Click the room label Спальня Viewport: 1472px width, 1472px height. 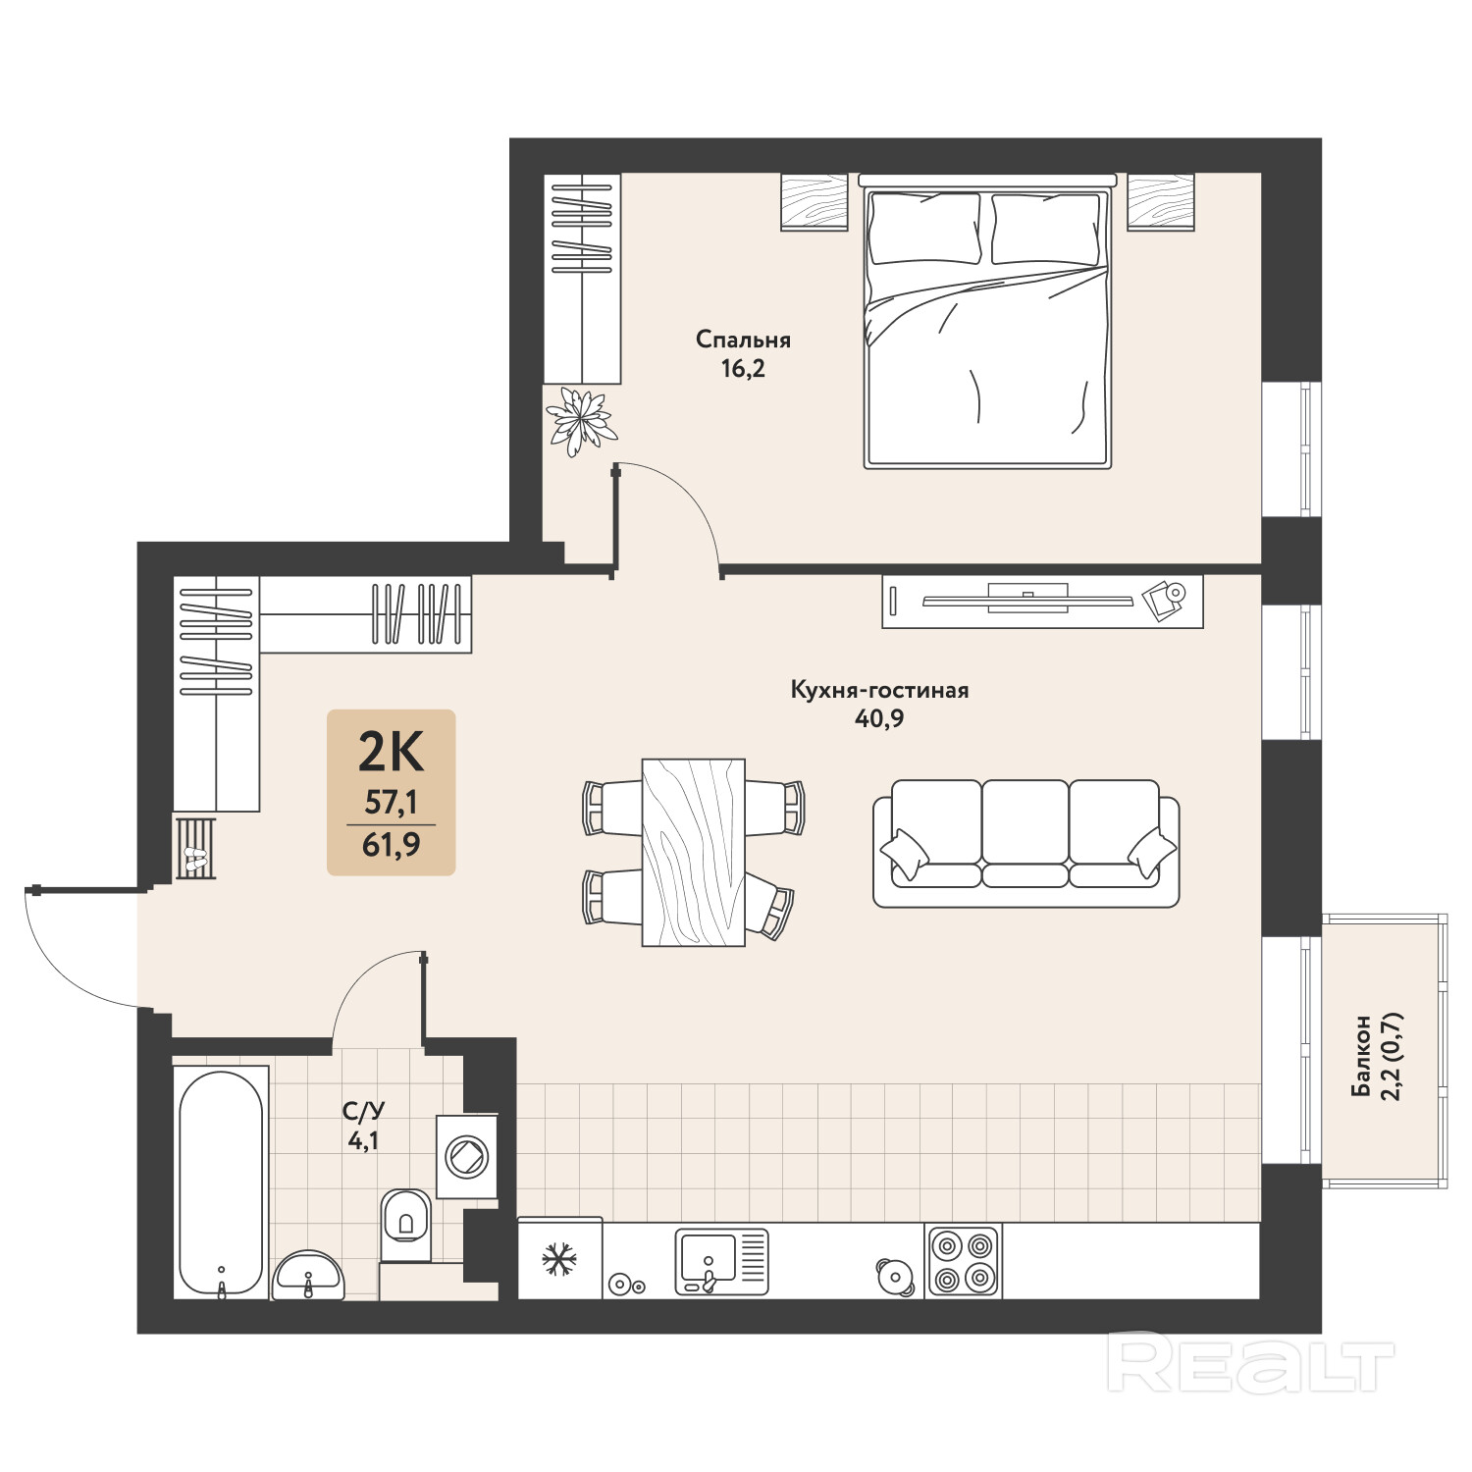click(743, 340)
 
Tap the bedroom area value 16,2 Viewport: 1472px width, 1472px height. click(743, 369)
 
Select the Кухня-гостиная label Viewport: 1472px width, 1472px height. click(879, 690)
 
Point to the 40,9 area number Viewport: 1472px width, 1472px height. click(879, 718)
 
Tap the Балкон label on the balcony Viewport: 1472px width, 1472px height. click(1361, 1056)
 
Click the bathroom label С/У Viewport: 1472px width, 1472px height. click(363, 1112)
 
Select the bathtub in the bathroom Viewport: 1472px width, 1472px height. click(221, 1183)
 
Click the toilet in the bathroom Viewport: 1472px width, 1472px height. click(404, 1225)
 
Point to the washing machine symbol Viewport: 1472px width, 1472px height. click(466, 1156)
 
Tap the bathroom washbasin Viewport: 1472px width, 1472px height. click(308, 1276)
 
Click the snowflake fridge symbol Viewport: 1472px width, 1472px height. click(559, 1259)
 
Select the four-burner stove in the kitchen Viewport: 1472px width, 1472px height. click(962, 1262)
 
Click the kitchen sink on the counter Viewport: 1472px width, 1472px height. click(721, 1262)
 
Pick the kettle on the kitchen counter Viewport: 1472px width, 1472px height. click(894, 1277)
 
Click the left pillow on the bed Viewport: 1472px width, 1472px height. click(924, 229)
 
